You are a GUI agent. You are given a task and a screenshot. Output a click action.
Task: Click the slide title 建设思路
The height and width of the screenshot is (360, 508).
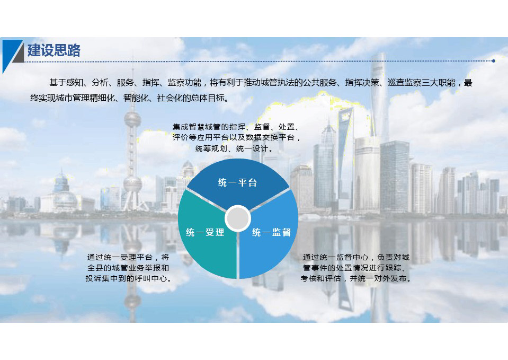[x=54, y=50]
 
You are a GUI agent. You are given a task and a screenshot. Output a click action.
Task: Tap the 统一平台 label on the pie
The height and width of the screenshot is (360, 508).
[x=237, y=182]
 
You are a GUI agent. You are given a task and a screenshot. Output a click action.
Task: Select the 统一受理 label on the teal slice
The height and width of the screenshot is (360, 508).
[x=205, y=232]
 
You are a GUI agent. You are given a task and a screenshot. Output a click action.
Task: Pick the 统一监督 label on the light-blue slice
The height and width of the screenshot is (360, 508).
[x=272, y=232]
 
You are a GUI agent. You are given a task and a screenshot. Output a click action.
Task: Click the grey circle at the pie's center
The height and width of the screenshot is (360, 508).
[x=238, y=218]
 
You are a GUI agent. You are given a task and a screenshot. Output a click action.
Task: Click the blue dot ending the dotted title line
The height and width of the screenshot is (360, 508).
[x=493, y=60]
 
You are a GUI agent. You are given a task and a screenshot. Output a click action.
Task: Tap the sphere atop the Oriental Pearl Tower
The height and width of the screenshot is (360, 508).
[x=132, y=119]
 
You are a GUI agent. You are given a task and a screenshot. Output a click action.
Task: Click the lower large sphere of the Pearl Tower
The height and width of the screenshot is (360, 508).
[x=132, y=183]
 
